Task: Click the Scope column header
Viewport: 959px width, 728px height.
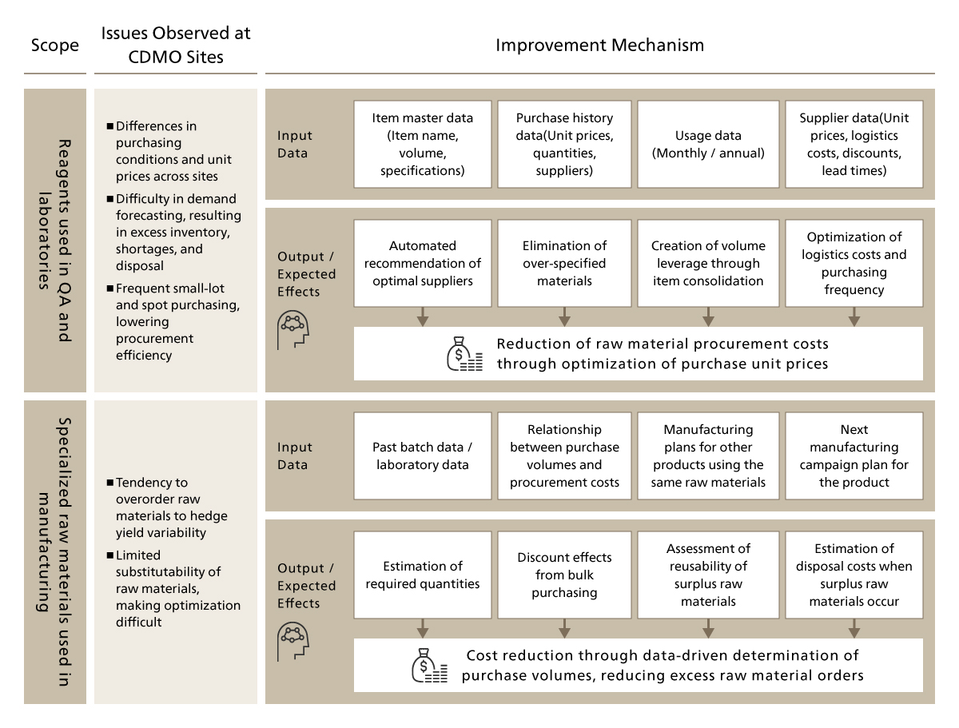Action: (54, 45)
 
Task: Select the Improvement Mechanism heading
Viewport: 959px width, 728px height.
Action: (599, 45)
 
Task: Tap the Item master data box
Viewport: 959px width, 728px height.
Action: (422, 144)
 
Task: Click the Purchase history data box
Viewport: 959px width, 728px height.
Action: (564, 144)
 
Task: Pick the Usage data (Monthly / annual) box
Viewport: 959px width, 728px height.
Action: (708, 144)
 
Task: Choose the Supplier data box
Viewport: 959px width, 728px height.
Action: (854, 144)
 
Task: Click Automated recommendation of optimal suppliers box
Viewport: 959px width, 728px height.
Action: (422, 264)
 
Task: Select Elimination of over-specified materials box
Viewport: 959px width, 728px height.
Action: (564, 264)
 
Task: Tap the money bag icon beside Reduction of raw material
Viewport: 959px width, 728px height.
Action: (464, 354)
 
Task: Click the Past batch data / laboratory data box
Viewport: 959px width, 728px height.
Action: (422, 455)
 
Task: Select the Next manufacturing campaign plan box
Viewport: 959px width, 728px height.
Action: (854, 455)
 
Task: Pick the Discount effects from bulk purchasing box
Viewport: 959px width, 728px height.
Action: (564, 575)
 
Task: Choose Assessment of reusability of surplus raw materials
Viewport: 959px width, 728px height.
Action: (708, 575)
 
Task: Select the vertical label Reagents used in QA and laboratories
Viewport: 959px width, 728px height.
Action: (54, 240)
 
